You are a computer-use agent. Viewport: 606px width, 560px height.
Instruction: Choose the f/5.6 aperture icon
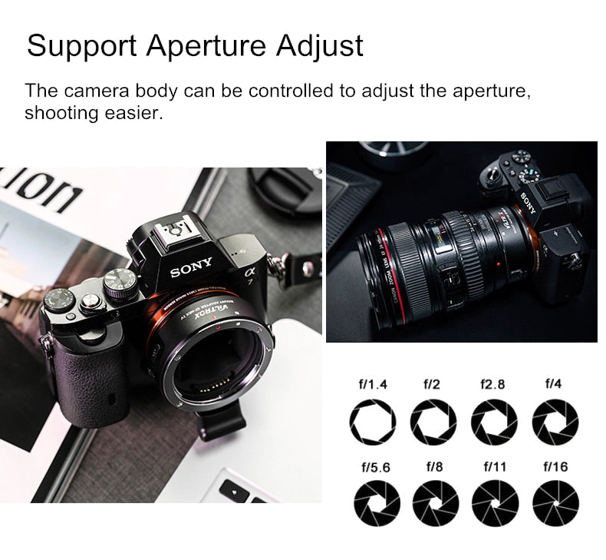point(374,503)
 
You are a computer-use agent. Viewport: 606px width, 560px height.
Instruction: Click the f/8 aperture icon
point(435,503)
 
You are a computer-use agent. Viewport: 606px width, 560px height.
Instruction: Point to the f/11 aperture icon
point(494,503)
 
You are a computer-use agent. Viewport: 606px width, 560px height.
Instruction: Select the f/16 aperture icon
point(555,503)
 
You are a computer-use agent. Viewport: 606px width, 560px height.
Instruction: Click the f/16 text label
point(555,466)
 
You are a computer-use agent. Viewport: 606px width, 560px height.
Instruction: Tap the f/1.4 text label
point(374,384)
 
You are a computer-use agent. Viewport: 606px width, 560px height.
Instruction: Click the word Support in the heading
point(81,47)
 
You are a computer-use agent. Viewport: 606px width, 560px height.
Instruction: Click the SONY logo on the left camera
point(192,270)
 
